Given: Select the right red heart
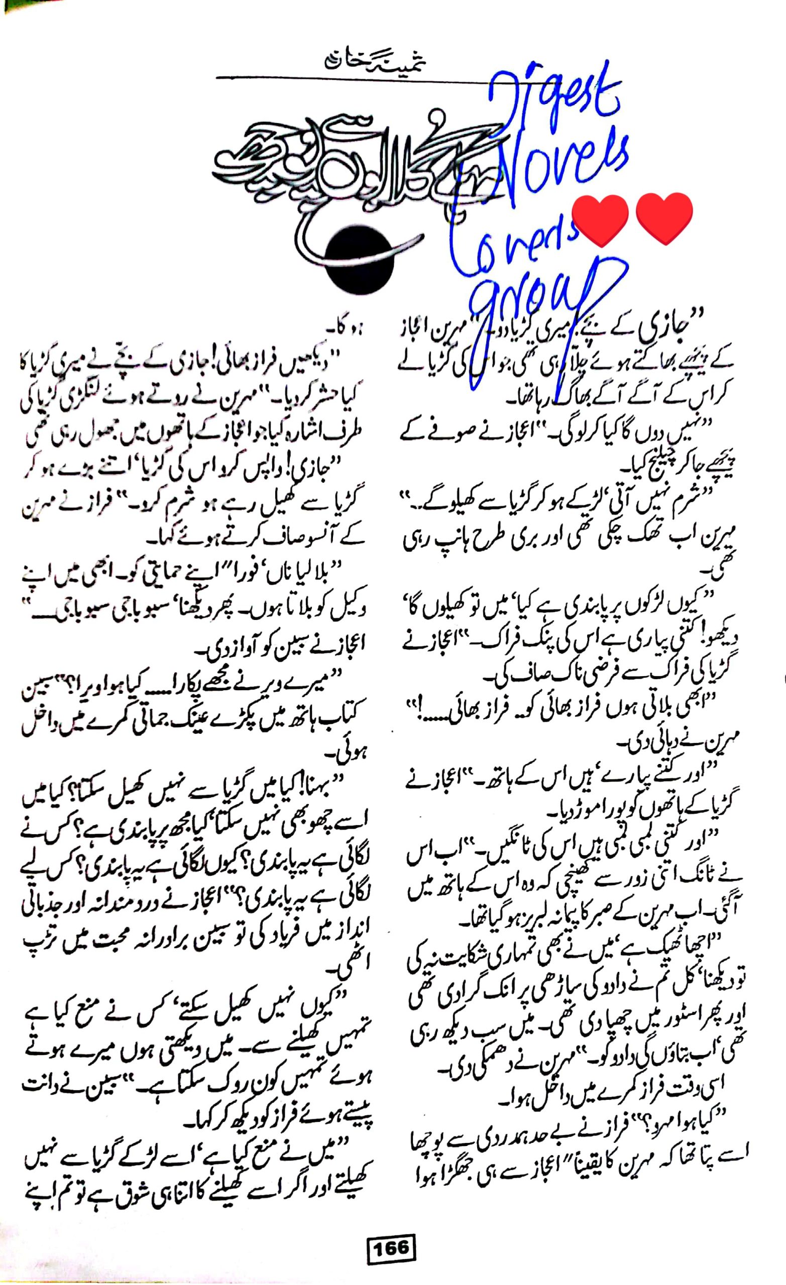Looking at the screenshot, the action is [664, 219].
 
